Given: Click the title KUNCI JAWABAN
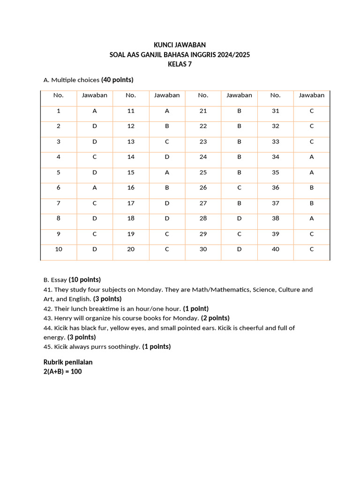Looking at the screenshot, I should coord(180,45).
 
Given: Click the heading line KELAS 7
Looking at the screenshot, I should coord(180,64).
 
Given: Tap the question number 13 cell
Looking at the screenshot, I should coord(131,142).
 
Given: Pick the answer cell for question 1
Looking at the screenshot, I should coord(95,111).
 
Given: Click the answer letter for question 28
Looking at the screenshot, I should coord(239,218).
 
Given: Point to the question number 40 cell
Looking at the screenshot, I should coord(275,249).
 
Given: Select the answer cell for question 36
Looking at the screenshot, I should coord(312,187).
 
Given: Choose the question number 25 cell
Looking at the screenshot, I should coord(203,172).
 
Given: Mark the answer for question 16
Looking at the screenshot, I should coord(167,187).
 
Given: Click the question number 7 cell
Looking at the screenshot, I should coord(59,203).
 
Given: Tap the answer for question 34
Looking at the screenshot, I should coord(312,157).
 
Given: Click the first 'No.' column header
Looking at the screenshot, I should coord(59,95).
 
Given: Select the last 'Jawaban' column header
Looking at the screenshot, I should coord(312,95).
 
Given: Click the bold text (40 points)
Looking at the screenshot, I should coord(117,80).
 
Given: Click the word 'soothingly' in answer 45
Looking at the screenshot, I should coord(123,347).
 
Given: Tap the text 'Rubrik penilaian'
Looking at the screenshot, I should coord(68,362).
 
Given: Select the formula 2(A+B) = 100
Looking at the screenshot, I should coord(63,371).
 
